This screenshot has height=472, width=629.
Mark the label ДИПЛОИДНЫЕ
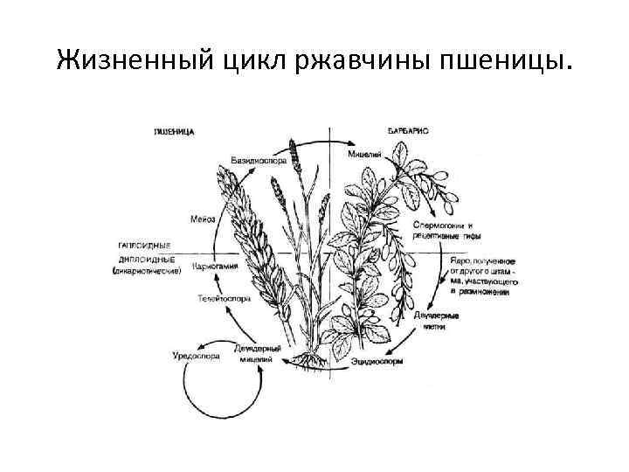tap(146, 260)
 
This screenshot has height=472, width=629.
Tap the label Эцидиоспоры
tap(378, 360)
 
